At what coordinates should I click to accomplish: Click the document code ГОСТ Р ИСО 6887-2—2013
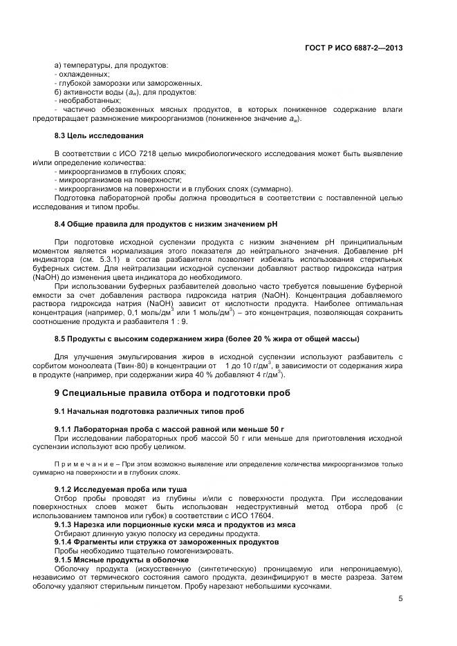click(x=353, y=48)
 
